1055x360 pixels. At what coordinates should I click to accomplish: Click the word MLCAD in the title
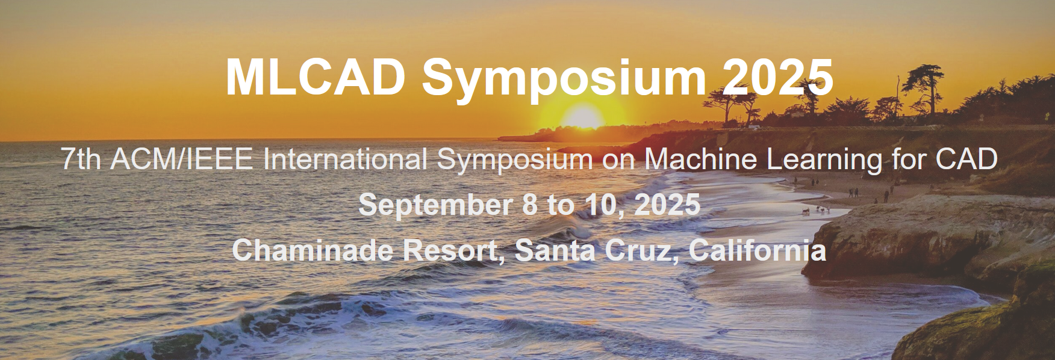[x=316, y=77]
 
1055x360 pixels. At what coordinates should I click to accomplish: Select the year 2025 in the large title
[x=778, y=77]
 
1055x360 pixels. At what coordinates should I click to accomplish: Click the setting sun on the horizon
[x=582, y=117]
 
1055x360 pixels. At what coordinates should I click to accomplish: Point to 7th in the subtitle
[x=81, y=160]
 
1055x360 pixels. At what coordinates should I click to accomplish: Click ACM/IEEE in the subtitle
[x=181, y=160]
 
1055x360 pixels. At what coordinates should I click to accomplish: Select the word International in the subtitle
[x=345, y=160]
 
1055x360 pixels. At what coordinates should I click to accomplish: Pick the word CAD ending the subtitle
[x=966, y=160]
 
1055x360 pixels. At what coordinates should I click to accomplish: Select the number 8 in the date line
[x=530, y=205]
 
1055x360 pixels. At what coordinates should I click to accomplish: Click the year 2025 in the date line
[x=667, y=205]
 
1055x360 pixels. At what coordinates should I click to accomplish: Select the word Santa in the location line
[x=554, y=250]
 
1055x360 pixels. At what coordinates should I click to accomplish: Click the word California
[x=758, y=250]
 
